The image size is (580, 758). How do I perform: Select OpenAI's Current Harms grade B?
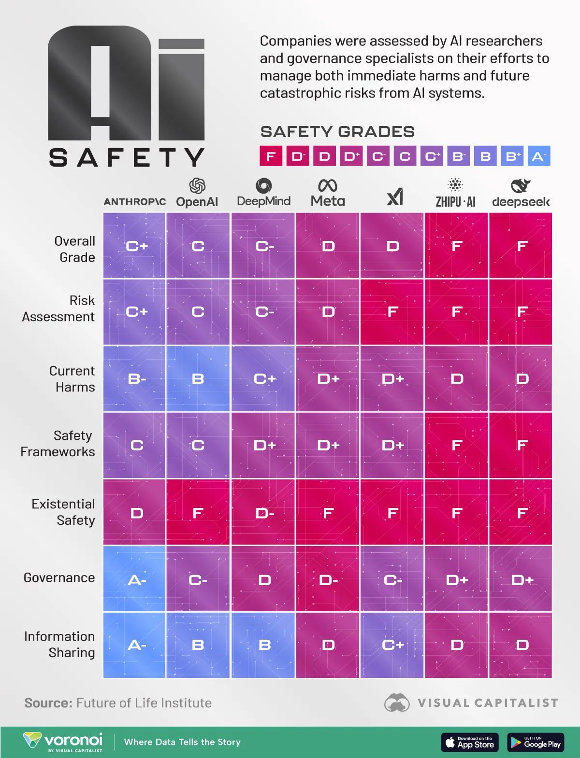coord(198,379)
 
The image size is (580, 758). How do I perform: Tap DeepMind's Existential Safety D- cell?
coord(263,512)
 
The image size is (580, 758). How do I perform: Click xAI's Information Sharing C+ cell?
coord(392,645)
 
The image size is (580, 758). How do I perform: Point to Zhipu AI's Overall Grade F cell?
coord(456,246)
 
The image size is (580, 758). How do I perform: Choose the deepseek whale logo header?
coord(521,186)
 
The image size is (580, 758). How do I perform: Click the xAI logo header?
coord(395,197)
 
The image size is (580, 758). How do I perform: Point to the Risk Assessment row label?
coord(58,309)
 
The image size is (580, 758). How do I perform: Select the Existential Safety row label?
coord(63,512)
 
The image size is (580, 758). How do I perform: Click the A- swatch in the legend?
coord(539,156)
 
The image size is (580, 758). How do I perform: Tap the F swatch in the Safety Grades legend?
coord(271,156)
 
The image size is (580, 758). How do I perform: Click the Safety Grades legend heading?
coord(337,132)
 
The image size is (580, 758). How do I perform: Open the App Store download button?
coord(470,742)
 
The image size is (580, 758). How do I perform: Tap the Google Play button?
coord(536,742)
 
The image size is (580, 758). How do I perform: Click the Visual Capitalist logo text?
coord(488,703)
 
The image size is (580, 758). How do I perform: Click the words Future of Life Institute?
coord(144,703)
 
